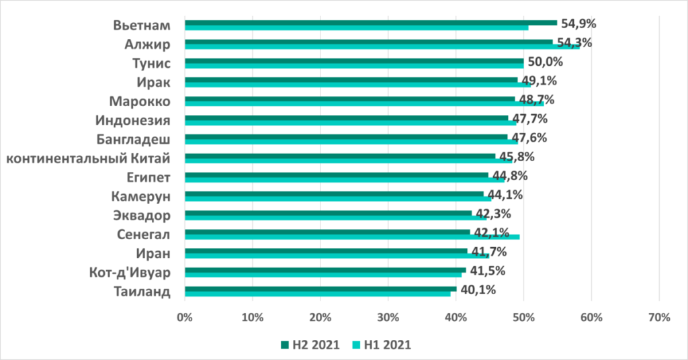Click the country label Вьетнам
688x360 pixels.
tap(140, 26)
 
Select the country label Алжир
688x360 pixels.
tap(146, 45)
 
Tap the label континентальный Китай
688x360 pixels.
tap(86, 159)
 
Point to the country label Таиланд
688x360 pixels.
tap(141, 292)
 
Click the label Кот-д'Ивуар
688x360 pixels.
tap(128, 273)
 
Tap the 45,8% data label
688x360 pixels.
tap(515, 157)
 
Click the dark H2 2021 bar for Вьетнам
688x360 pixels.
tap(370, 22)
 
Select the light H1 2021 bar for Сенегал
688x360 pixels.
tap(349, 236)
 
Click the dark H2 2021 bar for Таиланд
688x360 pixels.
tap(319, 289)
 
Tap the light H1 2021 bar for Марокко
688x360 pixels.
tap(363, 103)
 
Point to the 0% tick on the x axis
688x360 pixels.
tap(184, 317)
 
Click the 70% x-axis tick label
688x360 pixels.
tap(658, 317)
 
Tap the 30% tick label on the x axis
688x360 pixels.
tap(388, 317)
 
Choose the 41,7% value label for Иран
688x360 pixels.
tap(488, 253)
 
